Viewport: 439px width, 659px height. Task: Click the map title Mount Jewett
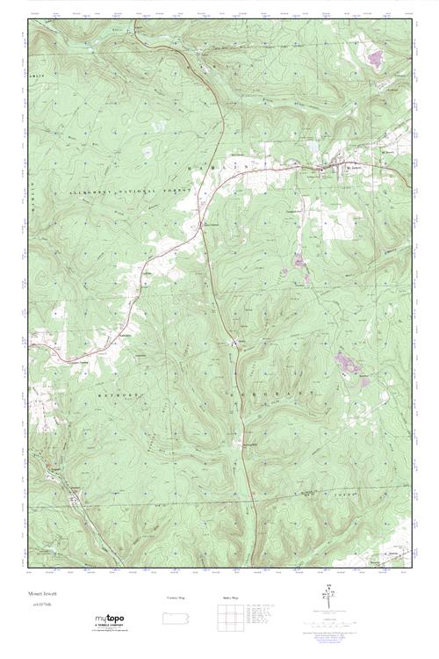(x=43, y=593)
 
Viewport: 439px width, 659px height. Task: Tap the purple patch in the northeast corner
(x=377, y=58)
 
